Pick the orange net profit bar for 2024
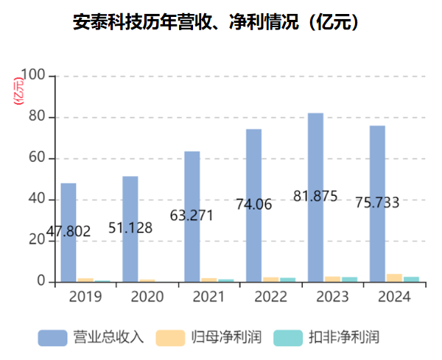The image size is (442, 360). (394, 278)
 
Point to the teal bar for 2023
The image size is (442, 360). (350, 279)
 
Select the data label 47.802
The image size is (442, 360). (69, 232)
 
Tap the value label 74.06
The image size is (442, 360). (253, 205)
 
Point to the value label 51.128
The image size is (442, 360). (130, 227)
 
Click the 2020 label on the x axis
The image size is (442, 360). (147, 297)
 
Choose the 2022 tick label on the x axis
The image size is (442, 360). (271, 297)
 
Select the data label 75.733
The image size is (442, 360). (376, 202)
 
